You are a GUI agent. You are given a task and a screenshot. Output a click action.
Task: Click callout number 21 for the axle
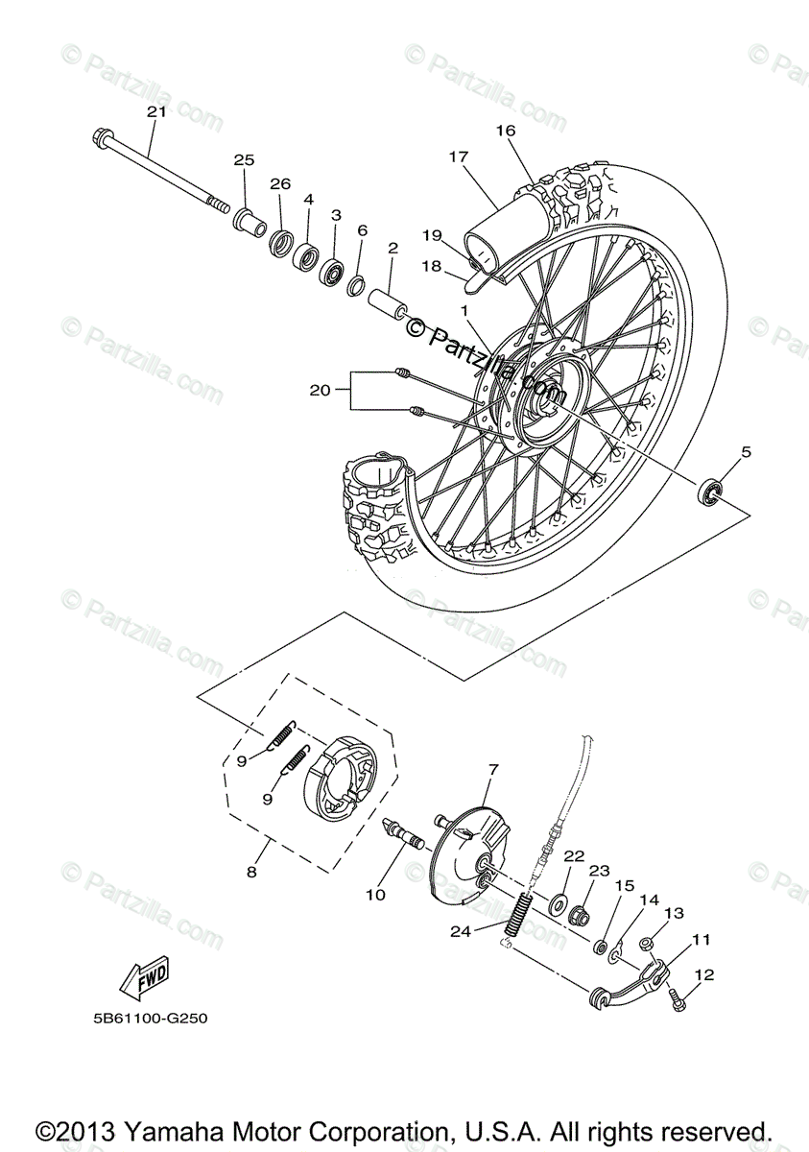tap(156, 111)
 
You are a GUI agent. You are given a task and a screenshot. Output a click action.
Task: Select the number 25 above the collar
tap(244, 159)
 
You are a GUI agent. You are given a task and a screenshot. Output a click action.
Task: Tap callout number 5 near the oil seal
tap(746, 450)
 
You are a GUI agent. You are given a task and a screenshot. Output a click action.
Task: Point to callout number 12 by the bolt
tap(705, 975)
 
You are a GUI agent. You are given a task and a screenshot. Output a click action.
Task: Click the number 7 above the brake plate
tap(493, 769)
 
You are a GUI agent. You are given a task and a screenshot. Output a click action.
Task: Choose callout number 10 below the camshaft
tap(375, 895)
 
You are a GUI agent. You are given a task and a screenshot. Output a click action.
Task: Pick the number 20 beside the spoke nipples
tap(320, 390)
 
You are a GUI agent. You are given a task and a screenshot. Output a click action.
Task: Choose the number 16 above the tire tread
tap(506, 130)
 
